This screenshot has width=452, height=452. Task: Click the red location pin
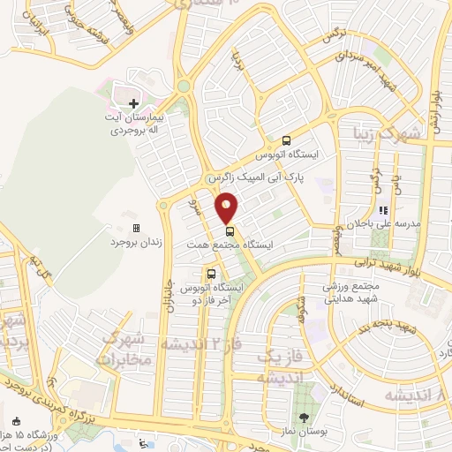tap(227, 207)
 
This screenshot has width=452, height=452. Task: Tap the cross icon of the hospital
tap(134, 103)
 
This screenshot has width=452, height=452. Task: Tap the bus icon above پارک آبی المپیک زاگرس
tap(286, 139)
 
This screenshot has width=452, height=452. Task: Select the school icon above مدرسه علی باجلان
tap(383, 210)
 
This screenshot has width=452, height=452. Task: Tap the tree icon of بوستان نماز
tap(305, 418)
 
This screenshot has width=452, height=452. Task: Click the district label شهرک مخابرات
tap(127, 349)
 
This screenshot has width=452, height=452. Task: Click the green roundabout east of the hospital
tap(184, 87)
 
